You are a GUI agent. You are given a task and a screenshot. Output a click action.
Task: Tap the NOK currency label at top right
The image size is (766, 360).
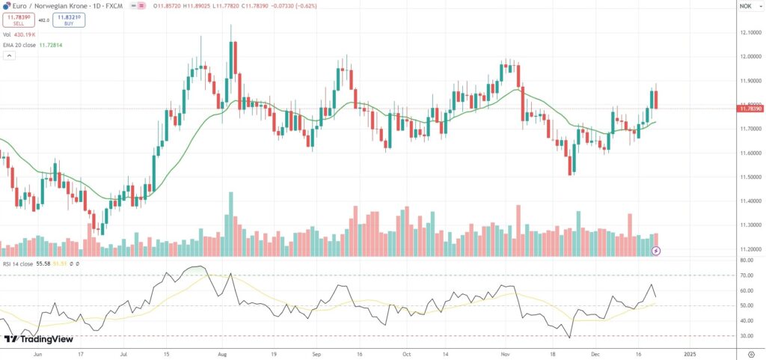coord(745,6)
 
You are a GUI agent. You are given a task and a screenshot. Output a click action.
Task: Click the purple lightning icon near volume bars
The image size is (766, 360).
coord(656,251)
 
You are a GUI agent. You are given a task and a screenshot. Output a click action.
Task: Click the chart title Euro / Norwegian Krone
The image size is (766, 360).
coord(45,6)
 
